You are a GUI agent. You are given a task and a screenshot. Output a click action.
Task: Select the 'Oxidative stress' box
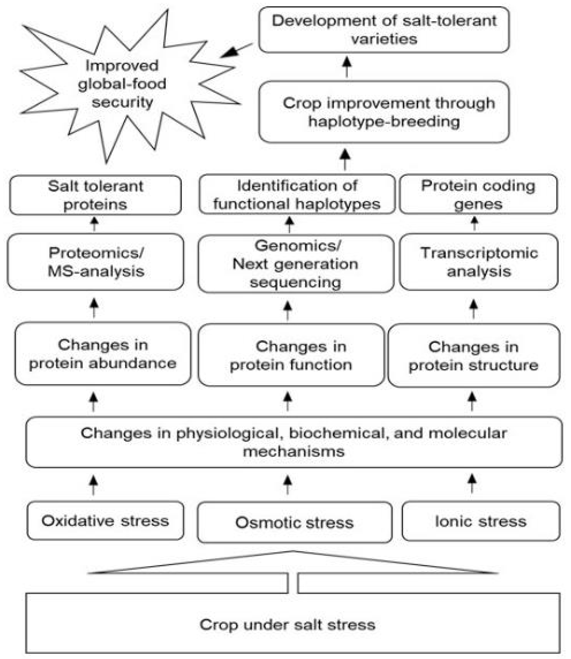[105, 521]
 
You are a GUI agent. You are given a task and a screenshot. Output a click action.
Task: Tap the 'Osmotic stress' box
[295, 522]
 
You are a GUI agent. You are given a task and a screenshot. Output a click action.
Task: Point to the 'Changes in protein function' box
[291, 355]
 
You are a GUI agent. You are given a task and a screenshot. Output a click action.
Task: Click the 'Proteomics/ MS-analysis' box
[96, 262]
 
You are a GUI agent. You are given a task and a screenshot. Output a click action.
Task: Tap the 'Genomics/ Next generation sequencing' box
[295, 264]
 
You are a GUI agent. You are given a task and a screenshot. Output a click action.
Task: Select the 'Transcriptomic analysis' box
[479, 262]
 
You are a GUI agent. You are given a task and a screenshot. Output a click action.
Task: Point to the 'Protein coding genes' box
[478, 194]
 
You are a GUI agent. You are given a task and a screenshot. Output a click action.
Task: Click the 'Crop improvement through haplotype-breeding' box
[384, 112]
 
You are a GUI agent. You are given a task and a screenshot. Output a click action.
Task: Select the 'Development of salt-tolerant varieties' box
[384, 30]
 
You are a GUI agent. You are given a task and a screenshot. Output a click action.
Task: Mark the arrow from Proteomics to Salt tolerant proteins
[94, 224]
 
